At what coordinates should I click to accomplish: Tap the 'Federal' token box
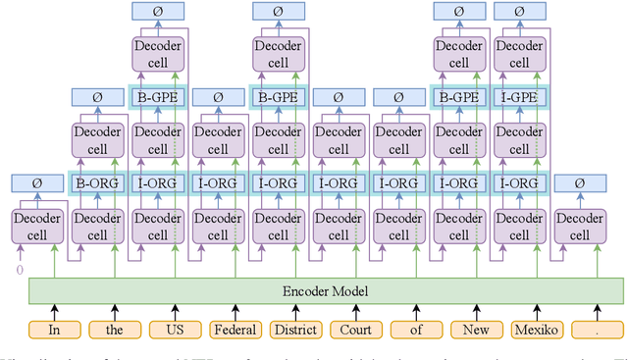(233, 331)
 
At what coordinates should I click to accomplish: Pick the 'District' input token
(293, 331)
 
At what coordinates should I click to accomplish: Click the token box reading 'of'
(414, 331)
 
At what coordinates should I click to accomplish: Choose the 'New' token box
(475, 331)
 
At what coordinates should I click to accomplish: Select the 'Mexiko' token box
(536, 331)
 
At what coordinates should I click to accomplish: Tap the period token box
(596, 331)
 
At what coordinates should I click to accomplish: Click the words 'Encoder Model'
(325, 290)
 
